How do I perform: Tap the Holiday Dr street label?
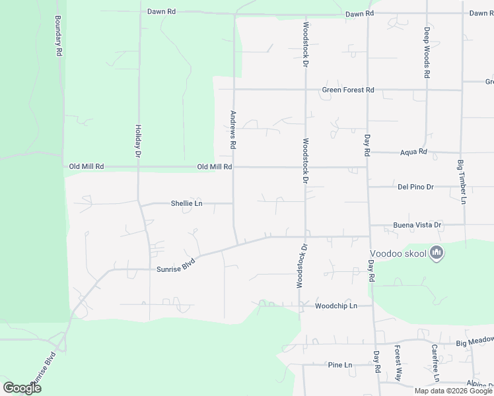139,141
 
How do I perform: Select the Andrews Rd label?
232,129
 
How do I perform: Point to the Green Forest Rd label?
348,90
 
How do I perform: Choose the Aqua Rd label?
414,152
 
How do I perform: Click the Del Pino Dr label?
415,187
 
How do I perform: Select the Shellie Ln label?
186,203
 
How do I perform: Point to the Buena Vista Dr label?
417,225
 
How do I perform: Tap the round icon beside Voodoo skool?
436,252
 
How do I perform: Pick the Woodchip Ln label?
335,306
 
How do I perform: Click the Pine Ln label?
340,364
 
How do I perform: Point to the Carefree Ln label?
435,364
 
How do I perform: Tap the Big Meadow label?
474,341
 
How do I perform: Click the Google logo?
22,388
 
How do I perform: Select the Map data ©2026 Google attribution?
453,391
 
